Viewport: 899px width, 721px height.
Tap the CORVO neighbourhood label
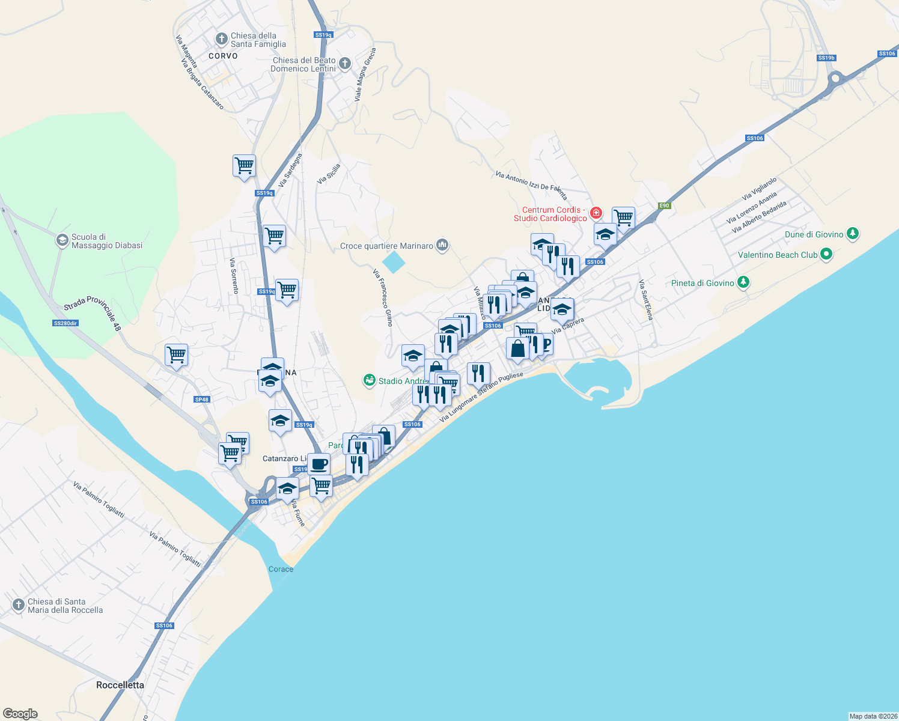[223, 56]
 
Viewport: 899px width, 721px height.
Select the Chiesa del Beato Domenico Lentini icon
[345, 64]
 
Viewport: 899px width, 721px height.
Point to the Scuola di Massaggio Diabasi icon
[62, 241]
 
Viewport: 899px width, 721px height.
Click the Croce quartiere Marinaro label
[386, 246]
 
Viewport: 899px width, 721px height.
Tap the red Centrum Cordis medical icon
[596, 213]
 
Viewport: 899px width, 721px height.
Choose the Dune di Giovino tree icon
[852, 234]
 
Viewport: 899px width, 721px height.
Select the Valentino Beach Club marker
[826, 255]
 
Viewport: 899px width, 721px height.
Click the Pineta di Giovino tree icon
[743, 282]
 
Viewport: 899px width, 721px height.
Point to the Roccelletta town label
[120, 685]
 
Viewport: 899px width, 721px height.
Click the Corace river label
[281, 569]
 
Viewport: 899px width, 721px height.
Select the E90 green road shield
[663, 205]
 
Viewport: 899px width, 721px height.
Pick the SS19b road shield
[826, 58]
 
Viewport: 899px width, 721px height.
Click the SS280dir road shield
[65, 323]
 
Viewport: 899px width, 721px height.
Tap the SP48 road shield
[202, 400]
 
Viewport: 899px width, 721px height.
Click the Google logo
[20, 714]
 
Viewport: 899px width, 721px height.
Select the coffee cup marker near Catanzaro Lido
[318, 464]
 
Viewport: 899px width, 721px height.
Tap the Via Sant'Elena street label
[645, 299]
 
